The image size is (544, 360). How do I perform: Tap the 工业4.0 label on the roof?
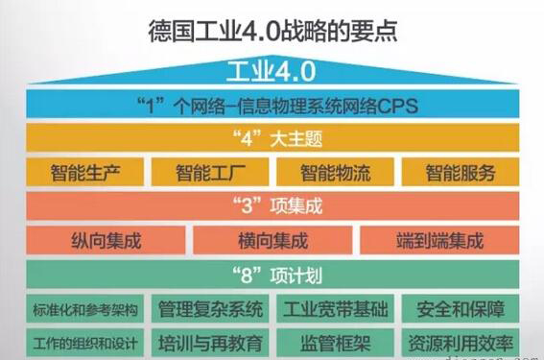click(x=272, y=71)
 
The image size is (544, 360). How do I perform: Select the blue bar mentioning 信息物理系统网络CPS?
click(x=272, y=105)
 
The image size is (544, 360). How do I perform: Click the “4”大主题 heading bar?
click(x=272, y=138)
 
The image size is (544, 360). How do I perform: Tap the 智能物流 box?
click(x=335, y=172)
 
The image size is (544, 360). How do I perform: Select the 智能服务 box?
click(x=460, y=172)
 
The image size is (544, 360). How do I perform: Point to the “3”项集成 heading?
click(x=272, y=205)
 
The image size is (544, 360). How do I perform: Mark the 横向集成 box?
click(x=272, y=239)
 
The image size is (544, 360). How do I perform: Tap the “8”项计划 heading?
click(x=272, y=274)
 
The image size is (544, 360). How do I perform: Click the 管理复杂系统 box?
click(x=211, y=309)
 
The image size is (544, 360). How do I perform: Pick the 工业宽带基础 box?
click(x=335, y=309)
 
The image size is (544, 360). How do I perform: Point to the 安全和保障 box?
click(x=460, y=309)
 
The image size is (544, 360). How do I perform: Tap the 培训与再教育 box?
click(x=211, y=341)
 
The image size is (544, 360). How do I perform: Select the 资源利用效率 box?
click(x=460, y=341)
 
